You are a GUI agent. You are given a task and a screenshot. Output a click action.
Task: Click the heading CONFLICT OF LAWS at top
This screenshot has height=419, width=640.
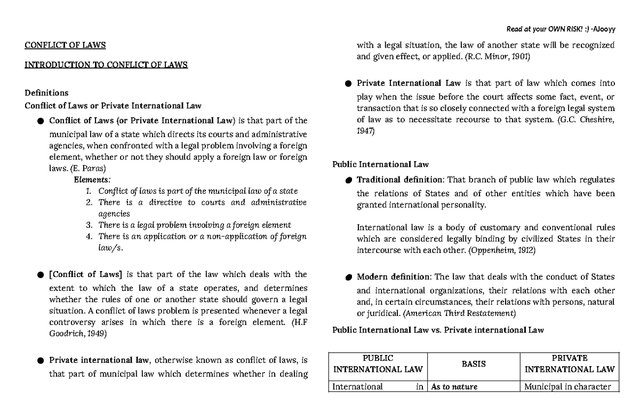[66, 45]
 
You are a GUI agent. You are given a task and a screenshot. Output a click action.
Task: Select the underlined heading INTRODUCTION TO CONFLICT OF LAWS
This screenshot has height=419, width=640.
[106, 66]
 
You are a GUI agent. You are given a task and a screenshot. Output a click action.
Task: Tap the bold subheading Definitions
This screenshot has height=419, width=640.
[47, 92]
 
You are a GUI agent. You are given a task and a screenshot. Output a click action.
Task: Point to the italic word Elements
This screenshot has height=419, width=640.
[92, 179]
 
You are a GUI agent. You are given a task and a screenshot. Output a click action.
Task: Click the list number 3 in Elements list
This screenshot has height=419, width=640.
[89, 225]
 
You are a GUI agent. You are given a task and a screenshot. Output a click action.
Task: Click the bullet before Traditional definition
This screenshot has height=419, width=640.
[348, 180]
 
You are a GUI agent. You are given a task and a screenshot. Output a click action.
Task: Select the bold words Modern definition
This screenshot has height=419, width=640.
[394, 277]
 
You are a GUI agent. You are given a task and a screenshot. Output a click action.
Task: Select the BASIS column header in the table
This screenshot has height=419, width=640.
[474, 363]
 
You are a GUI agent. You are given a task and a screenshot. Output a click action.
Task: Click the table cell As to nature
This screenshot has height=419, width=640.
[454, 387]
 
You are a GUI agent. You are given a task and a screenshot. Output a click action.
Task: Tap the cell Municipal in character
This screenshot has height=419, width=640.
[567, 387]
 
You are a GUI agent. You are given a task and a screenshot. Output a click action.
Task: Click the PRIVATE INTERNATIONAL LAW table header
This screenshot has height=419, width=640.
[570, 363]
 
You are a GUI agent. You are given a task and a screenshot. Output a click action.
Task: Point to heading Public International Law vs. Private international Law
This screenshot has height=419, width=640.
[438, 330]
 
